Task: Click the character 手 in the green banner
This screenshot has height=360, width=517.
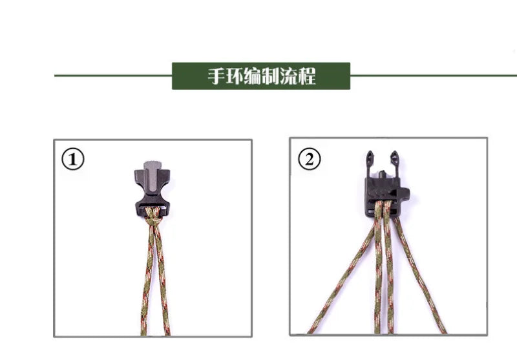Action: [x=217, y=76]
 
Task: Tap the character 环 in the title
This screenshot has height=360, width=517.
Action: [x=235, y=76]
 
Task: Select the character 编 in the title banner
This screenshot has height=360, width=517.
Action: [x=253, y=76]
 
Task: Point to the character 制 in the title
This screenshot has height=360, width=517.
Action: [x=271, y=76]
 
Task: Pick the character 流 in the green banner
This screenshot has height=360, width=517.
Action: [x=289, y=76]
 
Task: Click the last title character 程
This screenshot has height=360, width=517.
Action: [x=307, y=76]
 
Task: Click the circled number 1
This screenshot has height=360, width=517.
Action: [x=73, y=159]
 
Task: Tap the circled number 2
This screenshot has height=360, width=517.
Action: [x=310, y=159]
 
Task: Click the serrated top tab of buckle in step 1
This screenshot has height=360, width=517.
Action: [x=152, y=164]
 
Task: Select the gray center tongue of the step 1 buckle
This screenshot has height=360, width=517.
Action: [x=152, y=180]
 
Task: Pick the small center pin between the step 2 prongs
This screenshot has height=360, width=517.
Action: [x=382, y=174]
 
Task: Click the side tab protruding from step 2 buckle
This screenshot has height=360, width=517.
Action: [x=405, y=193]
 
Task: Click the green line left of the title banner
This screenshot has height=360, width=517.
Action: [x=113, y=76]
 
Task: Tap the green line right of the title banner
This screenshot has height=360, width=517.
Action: [x=434, y=76]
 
